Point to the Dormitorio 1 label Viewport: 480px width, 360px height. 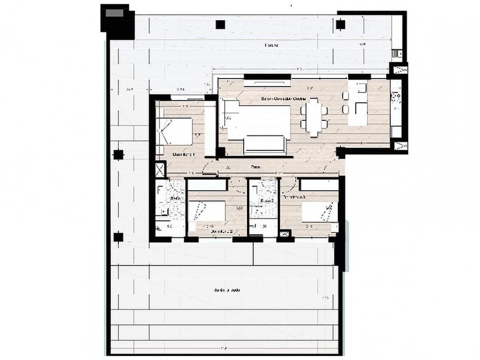(183, 154)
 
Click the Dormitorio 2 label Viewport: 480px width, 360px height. (222, 232)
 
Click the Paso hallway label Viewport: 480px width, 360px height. (256, 167)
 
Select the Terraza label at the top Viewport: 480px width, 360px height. (271, 45)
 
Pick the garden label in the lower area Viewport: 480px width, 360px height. (227, 290)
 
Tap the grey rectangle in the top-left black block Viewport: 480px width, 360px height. (114, 13)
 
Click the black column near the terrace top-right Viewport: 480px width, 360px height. (340, 25)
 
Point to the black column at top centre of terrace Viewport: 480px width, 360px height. (220, 24)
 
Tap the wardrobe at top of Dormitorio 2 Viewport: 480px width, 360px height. (207, 185)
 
